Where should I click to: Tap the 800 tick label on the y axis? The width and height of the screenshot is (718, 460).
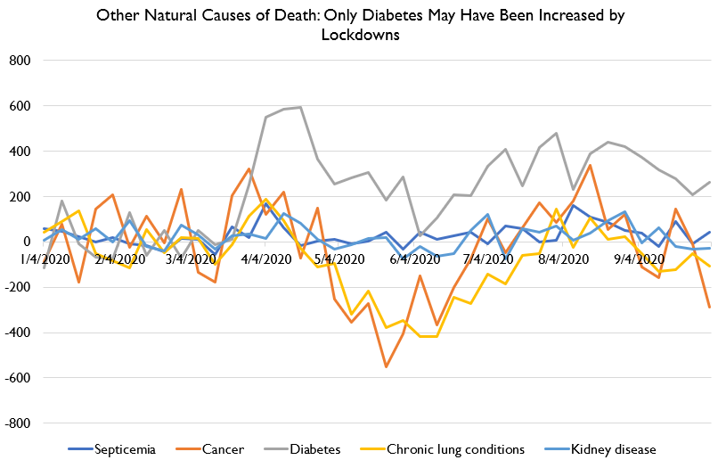20,61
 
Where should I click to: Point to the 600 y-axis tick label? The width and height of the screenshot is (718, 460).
20,106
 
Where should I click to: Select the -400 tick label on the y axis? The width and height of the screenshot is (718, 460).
19,333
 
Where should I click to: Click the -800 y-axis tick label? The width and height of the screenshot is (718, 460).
19,423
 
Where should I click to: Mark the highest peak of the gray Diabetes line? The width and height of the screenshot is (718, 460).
300,107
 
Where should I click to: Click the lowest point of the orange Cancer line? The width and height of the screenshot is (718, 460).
386,366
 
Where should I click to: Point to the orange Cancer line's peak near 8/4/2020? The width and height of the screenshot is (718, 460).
590,166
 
